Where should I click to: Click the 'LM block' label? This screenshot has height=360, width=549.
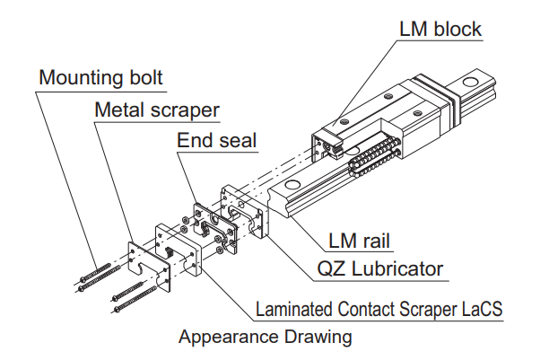440,29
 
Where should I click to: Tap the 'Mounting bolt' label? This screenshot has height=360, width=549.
100,77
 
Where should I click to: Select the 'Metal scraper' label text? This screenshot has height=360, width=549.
157,110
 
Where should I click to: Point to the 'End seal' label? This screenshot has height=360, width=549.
217,140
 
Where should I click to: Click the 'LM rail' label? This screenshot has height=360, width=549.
359,241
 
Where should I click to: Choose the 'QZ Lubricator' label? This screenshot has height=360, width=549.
379,269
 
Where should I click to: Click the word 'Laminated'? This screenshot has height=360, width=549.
294,309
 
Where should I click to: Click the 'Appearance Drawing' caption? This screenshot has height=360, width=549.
265,337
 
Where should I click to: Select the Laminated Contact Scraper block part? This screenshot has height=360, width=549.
179,249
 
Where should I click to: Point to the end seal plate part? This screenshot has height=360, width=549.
215,227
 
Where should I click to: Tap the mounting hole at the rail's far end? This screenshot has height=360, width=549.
470,83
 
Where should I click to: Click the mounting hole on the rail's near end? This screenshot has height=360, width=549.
292,184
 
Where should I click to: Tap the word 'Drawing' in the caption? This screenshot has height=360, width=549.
318,337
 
